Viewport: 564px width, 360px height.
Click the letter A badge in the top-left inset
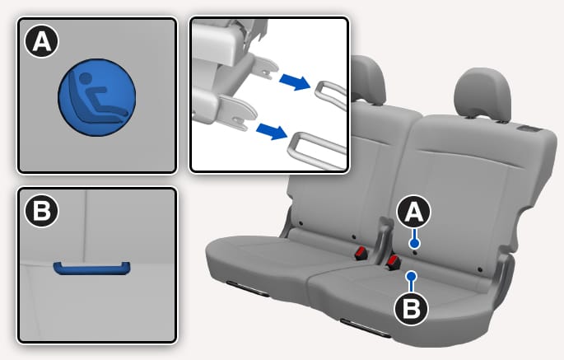click(x=41, y=41)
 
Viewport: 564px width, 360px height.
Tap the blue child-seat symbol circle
click(x=97, y=97)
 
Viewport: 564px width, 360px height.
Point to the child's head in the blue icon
click(x=86, y=77)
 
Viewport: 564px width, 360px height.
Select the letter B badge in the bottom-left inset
click(x=41, y=211)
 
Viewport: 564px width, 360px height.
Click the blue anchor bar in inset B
click(x=91, y=269)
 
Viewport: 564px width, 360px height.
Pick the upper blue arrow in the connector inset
click(x=295, y=82)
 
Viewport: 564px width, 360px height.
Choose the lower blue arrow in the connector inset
click(x=272, y=131)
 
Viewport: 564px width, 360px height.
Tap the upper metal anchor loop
click(x=331, y=94)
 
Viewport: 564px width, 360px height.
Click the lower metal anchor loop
click(x=317, y=151)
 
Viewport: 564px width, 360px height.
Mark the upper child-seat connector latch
click(x=264, y=68)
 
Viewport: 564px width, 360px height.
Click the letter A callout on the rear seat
click(x=413, y=212)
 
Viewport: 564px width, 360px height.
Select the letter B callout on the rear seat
click(x=412, y=309)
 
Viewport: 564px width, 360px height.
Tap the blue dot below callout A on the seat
click(x=414, y=244)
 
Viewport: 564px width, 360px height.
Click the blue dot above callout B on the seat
click(x=411, y=277)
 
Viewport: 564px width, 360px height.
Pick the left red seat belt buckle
click(x=361, y=253)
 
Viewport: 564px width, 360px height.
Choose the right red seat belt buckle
click(x=393, y=263)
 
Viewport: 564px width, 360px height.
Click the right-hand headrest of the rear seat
click(x=482, y=94)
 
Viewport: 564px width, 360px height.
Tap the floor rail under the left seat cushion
click(x=248, y=289)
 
